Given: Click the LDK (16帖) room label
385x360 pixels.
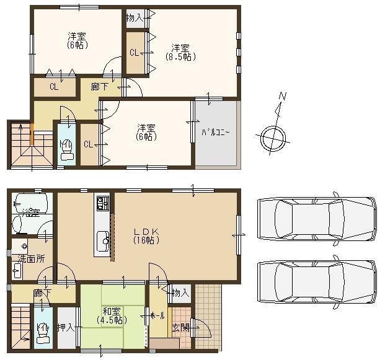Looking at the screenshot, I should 148,236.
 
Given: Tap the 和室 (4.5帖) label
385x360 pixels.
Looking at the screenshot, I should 112,316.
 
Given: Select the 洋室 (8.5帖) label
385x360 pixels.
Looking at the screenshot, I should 180,53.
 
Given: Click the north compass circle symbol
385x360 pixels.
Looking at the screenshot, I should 273,138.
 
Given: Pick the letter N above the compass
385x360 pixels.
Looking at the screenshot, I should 282,97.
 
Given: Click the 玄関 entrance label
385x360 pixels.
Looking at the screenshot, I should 180,327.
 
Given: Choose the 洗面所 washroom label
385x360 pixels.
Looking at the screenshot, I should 30,258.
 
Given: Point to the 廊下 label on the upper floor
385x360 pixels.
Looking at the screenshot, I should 99,87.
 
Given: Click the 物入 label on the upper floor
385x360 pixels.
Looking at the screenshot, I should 135,17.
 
